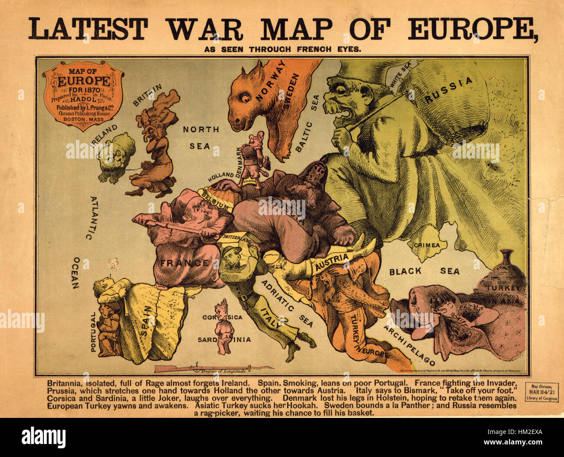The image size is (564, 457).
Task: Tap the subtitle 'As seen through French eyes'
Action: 282,49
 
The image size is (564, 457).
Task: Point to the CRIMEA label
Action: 426,245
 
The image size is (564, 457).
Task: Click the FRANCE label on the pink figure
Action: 184,263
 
